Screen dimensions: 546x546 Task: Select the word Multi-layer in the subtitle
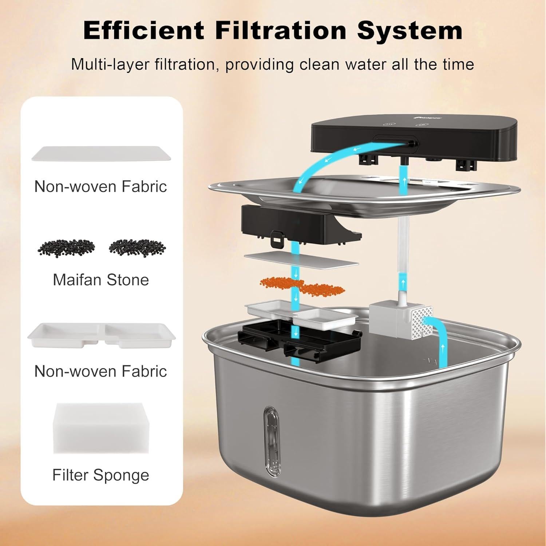110,64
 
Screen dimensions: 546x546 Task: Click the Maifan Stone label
101,280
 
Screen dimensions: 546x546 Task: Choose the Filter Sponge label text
101,475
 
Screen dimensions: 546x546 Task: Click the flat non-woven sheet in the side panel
101,153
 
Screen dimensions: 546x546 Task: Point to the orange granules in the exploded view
302,286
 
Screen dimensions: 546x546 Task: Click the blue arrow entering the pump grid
440,339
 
